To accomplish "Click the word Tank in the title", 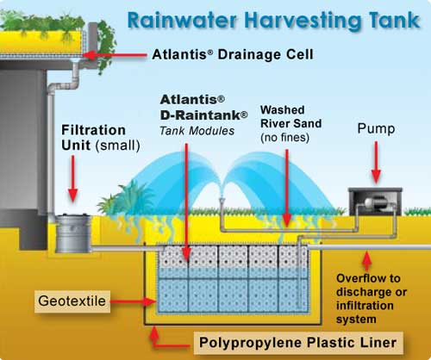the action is pyautogui.click(x=394, y=20).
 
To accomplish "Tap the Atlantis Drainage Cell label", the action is pyautogui.click(x=233, y=54).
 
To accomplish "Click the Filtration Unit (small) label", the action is pyautogui.click(x=101, y=138).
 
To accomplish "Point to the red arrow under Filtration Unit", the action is pyautogui.click(x=73, y=178).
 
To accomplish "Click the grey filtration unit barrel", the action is pyautogui.click(x=73, y=233).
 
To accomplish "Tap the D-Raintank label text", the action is pyautogui.click(x=203, y=115).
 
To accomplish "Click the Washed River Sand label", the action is pyautogui.click(x=290, y=123).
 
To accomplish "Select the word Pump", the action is pyautogui.click(x=376, y=128).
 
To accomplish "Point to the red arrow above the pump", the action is pyautogui.click(x=376, y=162).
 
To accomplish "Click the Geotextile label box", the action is pyautogui.click(x=72, y=301).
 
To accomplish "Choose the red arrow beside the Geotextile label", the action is pyautogui.click(x=133, y=301).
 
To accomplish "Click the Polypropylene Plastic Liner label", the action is pyautogui.click(x=298, y=343).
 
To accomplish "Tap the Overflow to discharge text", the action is pyautogui.click(x=372, y=299).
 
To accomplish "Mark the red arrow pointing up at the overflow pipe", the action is pyautogui.click(x=366, y=260).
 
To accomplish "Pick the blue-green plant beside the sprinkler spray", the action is pyautogui.click(x=127, y=199).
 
